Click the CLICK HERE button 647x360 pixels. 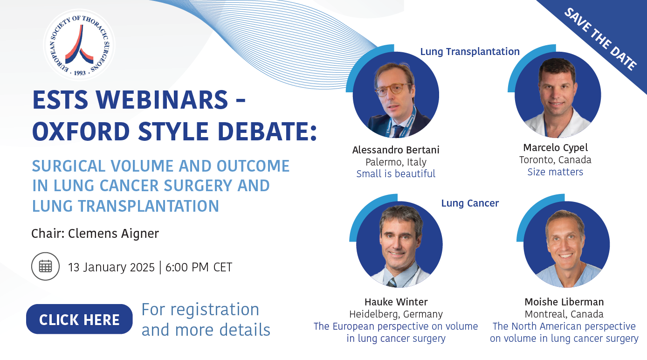(79, 319)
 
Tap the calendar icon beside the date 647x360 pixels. (45, 266)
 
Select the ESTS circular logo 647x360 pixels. (79, 45)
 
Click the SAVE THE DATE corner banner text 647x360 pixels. (600, 39)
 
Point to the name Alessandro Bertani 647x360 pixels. (396, 150)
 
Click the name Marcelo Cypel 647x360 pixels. (555, 148)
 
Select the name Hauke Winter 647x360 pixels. (396, 302)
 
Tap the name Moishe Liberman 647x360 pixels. (564, 302)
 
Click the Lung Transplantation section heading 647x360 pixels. (470, 52)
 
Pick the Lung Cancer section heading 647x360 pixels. (470, 203)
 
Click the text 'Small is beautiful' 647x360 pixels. (396, 173)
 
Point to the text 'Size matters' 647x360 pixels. (555, 172)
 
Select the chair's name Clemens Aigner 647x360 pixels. (114, 234)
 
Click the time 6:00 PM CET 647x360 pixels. (199, 267)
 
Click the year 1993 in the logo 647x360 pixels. (80, 73)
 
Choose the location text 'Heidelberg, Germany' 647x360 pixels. (396, 314)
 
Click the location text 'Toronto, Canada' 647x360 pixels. (555, 160)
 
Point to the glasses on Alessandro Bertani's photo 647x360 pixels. (393, 89)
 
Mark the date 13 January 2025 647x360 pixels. (111, 267)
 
